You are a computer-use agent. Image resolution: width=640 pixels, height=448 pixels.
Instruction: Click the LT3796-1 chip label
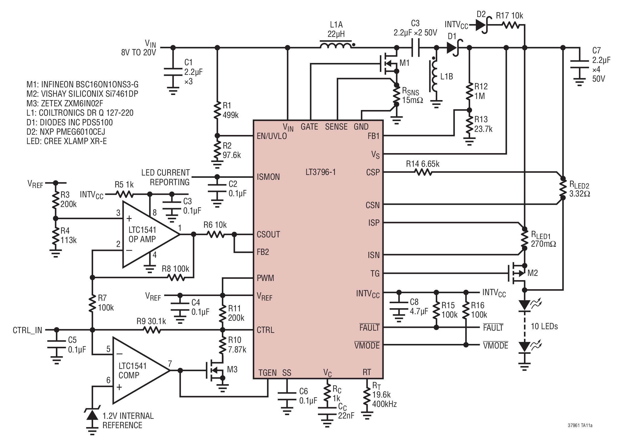(320, 172)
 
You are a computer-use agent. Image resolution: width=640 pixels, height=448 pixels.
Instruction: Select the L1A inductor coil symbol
(336, 45)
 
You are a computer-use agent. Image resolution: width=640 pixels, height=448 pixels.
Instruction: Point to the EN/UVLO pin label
(271, 136)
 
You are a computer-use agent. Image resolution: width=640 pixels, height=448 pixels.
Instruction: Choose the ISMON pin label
(268, 177)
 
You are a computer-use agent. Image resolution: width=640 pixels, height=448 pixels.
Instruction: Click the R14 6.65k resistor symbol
(423, 172)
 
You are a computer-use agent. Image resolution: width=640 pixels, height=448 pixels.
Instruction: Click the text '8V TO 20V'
(139, 53)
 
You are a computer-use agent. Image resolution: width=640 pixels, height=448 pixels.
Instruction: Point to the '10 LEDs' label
(544, 326)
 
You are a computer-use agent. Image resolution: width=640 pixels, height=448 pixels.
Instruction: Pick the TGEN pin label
(267, 373)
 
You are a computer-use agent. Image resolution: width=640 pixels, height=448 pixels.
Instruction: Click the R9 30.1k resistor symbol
(151, 330)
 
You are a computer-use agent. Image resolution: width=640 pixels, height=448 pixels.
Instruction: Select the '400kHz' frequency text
(384, 404)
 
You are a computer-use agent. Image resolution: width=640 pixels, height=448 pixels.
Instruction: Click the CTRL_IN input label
(28, 330)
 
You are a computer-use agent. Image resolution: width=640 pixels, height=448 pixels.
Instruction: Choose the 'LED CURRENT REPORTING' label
(166, 177)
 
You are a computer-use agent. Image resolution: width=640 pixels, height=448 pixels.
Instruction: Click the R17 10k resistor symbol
(511, 25)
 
